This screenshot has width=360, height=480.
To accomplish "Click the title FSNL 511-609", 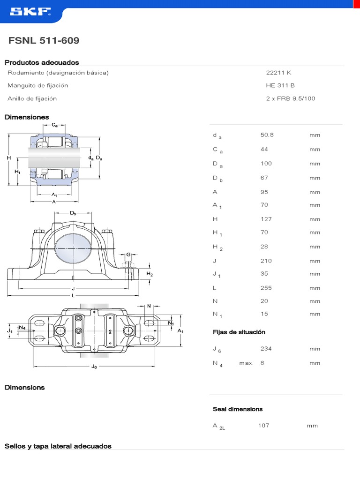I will [44, 41].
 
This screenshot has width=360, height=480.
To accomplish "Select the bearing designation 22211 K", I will [278, 73].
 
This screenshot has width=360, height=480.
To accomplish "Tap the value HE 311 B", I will [280, 85].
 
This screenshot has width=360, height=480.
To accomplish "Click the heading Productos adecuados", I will [42, 62].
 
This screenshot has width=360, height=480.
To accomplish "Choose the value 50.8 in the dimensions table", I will [267, 135].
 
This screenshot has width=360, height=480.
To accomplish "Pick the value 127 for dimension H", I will [266, 219].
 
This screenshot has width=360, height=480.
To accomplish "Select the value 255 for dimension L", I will [266, 288].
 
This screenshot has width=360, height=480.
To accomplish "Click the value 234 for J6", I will [266, 349].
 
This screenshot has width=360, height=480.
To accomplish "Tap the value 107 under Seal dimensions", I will [263, 426].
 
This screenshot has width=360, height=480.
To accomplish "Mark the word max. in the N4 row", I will [246, 363].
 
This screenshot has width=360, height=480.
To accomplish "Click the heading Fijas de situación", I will [239, 332].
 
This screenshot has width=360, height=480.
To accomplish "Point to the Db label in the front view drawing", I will [73, 213].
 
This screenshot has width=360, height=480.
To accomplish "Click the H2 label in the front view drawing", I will [150, 274].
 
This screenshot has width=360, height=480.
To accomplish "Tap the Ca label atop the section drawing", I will [55, 125].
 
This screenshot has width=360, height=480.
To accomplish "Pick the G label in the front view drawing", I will [128, 255].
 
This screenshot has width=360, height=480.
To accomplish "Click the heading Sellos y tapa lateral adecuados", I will [58, 446].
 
